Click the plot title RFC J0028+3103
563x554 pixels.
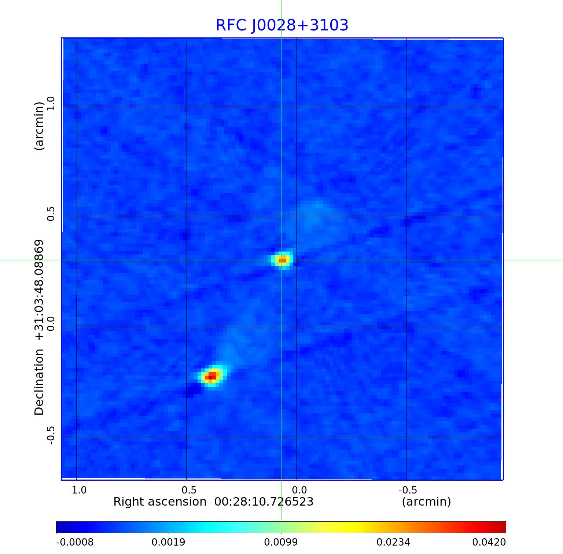282,25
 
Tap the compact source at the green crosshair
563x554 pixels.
282,260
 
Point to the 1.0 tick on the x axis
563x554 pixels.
79,490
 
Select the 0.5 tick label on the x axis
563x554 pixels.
189,490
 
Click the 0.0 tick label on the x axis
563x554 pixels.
299,490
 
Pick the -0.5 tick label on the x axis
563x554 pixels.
408,490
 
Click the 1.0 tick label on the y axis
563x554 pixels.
51,103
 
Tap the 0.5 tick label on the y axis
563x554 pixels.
51,213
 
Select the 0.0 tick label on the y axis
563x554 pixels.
51,323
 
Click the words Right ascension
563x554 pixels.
160,502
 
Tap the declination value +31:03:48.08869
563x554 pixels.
39,289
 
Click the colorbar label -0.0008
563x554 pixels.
75,542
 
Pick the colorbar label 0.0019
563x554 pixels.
169,542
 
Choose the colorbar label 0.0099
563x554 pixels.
281,542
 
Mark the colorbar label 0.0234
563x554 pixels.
394,542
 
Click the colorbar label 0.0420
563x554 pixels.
489,542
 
